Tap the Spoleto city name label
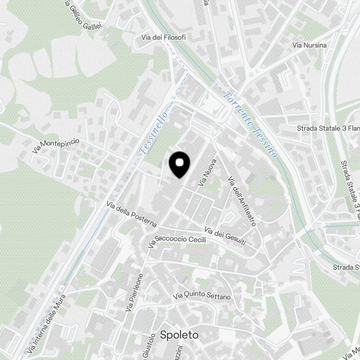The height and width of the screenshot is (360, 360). click(x=179, y=335)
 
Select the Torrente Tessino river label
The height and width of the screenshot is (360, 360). click(x=251, y=125)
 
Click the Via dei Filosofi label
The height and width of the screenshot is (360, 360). click(x=163, y=37)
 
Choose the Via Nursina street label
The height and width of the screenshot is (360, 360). click(x=310, y=45)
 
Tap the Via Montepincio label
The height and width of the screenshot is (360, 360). click(x=56, y=146)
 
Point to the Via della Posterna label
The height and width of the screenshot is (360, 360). click(x=132, y=214)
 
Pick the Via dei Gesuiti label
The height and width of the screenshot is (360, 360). click(x=225, y=237)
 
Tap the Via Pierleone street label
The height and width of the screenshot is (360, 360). click(x=135, y=292)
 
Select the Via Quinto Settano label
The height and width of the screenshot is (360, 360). click(x=202, y=296)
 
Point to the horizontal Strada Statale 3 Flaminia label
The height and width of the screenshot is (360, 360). click(x=328, y=129)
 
